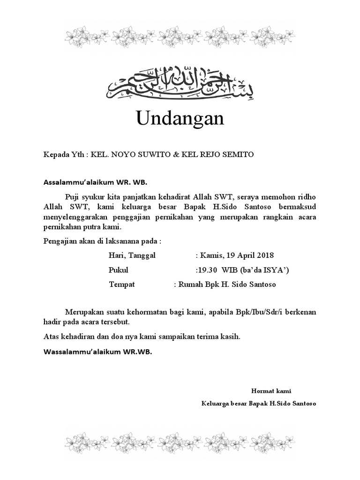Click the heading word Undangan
click(180, 119)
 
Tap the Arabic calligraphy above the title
click(180, 83)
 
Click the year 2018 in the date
click(264, 255)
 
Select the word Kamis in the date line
click(211, 255)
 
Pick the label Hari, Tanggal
click(132, 255)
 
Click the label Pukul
click(119, 270)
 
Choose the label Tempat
click(122, 284)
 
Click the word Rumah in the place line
click(190, 284)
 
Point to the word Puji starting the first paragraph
click(73, 195)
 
